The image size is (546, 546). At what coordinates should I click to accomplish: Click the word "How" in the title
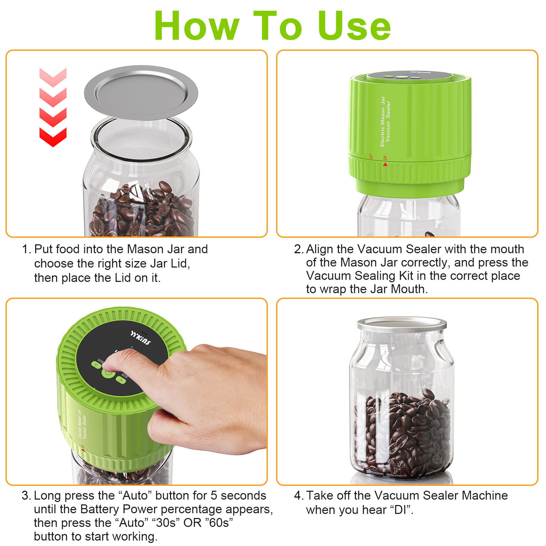click(197, 26)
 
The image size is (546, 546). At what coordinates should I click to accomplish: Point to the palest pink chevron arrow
click(53, 77)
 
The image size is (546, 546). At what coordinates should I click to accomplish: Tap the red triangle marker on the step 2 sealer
click(385, 164)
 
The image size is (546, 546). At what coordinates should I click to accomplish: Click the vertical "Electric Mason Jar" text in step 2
click(383, 121)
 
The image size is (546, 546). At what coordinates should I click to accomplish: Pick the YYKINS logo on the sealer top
click(141, 337)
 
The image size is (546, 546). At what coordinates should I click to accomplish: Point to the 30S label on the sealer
click(100, 361)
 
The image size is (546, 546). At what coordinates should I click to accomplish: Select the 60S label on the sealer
click(125, 376)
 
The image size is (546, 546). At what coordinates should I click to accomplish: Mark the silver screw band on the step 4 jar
click(402, 326)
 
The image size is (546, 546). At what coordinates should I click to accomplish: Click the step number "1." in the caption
click(27, 249)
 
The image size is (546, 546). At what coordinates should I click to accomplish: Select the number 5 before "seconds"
click(214, 495)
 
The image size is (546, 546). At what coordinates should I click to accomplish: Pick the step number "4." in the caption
click(299, 495)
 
